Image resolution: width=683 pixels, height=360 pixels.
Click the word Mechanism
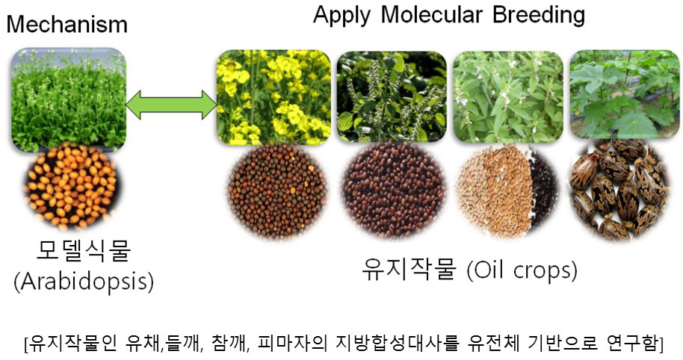67,24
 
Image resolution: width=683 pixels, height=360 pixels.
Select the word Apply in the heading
341,15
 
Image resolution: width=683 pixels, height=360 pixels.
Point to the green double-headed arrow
171,105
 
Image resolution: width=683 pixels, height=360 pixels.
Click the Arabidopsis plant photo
69,99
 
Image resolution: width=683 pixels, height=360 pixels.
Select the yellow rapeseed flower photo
274,97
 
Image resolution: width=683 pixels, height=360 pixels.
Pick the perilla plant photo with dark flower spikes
392,97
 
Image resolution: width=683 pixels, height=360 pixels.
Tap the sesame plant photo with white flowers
508,97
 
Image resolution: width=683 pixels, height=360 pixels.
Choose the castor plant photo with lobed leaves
625,94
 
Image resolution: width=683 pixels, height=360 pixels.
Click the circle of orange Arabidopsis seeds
72,187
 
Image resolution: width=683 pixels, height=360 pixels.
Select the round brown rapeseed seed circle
277,191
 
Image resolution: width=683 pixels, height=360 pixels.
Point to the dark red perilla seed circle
395,190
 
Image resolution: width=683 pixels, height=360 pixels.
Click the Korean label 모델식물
83,251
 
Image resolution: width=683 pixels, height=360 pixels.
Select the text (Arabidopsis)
84,282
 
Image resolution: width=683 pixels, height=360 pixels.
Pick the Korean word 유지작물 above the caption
409,270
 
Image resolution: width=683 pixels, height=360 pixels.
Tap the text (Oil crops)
522,270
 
